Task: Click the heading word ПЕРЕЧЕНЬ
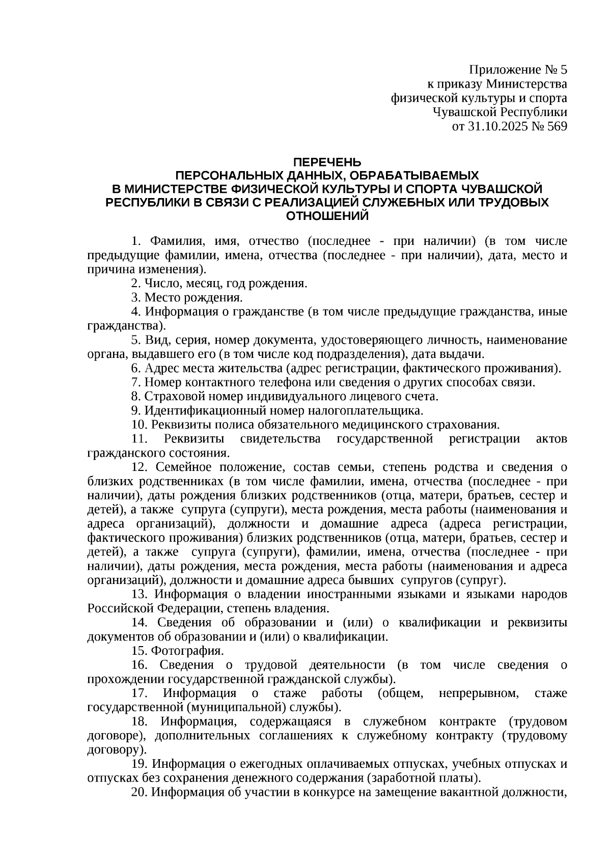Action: (x=327, y=162)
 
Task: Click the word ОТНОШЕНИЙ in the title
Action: (x=327, y=216)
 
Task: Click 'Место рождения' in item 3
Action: (x=193, y=297)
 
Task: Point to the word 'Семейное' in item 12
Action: (x=180, y=467)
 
